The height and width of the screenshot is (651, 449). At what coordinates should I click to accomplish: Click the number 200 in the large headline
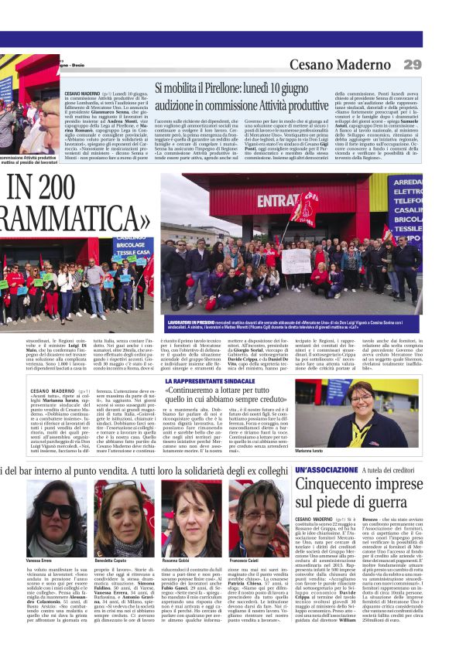click(55, 187)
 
